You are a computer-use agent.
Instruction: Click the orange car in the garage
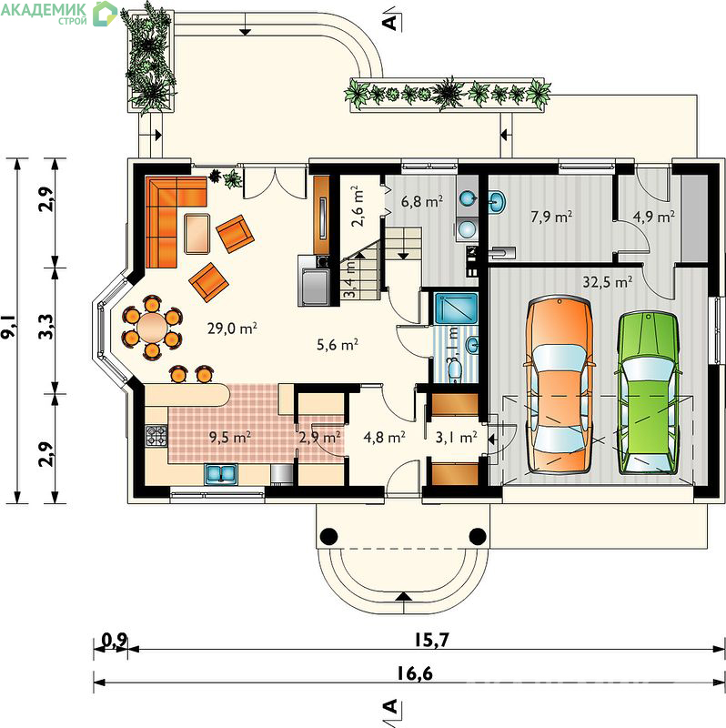(559, 385)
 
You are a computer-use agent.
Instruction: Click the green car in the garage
(647, 393)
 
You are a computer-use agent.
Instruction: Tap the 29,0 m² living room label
(232, 329)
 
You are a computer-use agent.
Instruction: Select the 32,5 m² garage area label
(607, 282)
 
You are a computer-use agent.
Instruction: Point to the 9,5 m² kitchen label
(230, 437)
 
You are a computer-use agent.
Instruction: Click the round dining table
(152, 328)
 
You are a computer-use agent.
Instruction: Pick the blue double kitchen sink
(221, 473)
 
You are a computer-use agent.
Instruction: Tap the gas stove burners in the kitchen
(156, 436)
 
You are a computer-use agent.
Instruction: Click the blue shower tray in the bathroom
(456, 308)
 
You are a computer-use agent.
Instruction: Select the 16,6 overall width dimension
(415, 672)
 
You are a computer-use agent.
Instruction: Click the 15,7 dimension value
(432, 640)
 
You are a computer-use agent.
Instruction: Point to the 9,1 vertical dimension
(8, 327)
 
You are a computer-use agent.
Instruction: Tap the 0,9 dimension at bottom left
(114, 640)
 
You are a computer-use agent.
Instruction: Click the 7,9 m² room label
(551, 217)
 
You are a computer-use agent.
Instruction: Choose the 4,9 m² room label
(653, 217)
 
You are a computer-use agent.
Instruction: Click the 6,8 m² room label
(421, 201)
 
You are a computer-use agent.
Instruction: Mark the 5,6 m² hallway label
(337, 345)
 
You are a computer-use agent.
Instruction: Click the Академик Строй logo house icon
(105, 14)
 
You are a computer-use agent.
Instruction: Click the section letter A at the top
(391, 21)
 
